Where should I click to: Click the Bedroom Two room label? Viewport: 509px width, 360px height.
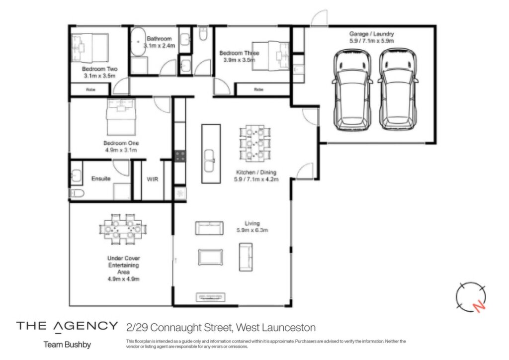click(x=99, y=69)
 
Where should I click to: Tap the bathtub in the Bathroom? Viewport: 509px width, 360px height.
click(x=138, y=42)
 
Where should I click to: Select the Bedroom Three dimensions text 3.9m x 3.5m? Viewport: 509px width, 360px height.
click(x=239, y=60)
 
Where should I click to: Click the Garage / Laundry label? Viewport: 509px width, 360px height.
click(x=372, y=34)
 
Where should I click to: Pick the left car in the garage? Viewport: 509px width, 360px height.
click(x=352, y=90)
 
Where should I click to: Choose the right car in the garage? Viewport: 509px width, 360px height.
click(x=398, y=90)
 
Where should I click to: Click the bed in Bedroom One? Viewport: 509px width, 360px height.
click(x=121, y=117)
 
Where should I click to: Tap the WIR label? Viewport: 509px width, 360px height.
click(x=153, y=179)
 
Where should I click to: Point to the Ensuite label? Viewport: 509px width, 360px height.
click(x=101, y=179)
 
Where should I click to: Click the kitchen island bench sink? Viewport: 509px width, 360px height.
click(x=209, y=160)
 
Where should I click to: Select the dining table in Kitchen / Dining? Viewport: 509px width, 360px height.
click(x=255, y=143)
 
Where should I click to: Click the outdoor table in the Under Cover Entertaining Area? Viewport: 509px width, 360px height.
click(x=123, y=229)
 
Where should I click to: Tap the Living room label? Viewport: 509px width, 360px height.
click(x=252, y=223)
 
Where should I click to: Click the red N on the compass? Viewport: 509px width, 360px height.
click(x=479, y=306)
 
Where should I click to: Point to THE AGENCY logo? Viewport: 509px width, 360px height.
click(x=67, y=326)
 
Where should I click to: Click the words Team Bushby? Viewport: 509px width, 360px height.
click(x=67, y=345)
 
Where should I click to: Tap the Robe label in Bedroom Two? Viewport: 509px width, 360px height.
click(x=90, y=90)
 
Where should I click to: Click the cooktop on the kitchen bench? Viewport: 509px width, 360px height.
click(x=180, y=156)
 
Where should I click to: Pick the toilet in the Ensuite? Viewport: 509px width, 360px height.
click(x=76, y=193)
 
